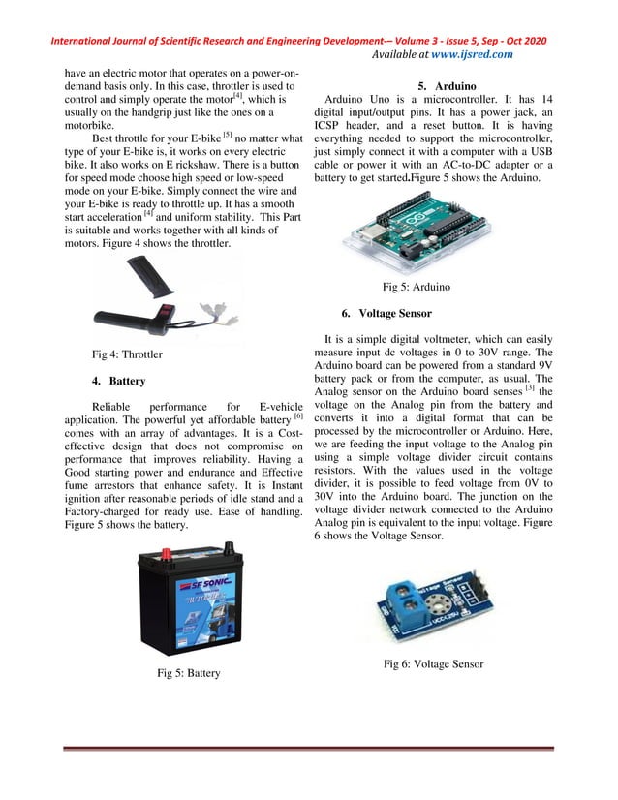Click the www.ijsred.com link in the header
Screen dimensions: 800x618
[473, 55]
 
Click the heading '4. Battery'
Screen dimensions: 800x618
[119, 381]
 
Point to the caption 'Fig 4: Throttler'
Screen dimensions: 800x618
[127, 354]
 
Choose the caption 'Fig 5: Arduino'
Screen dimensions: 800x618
[416, 287]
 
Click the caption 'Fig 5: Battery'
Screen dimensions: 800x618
[189, 672]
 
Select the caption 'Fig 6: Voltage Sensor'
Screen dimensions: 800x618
[433, 663]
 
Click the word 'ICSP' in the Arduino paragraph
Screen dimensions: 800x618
[331, 138]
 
